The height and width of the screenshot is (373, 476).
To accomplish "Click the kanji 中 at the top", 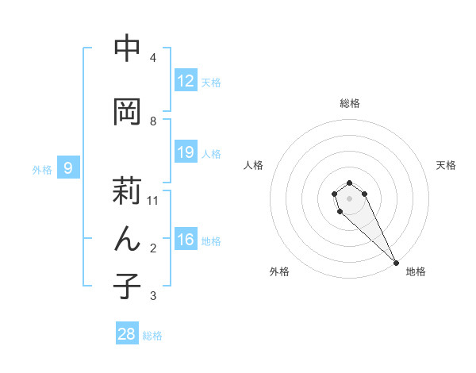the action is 127,48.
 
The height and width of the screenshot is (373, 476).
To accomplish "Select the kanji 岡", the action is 127,111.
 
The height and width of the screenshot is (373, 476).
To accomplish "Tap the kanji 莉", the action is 127,190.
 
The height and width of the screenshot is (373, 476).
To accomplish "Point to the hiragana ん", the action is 127,239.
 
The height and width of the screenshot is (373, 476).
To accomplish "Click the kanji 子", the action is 127,286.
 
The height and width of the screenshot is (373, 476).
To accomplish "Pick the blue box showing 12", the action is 186,81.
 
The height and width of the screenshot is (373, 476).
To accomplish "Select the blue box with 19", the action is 186,152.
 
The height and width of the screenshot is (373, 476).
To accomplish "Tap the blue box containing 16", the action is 186,240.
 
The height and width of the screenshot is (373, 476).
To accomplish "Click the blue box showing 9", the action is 69,168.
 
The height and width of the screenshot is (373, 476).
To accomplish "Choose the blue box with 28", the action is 127,334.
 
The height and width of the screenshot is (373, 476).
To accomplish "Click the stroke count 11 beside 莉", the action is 153,201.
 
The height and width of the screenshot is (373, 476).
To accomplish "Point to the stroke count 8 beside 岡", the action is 153,121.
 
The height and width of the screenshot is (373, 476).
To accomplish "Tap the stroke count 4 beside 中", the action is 153,58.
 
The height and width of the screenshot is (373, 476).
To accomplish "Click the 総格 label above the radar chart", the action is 350,103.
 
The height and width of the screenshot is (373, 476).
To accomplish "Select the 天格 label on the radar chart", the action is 446,165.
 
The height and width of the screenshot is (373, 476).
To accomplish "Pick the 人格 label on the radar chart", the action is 254,165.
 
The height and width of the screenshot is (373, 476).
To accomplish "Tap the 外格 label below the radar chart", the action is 279,271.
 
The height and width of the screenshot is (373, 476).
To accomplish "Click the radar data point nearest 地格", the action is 396,263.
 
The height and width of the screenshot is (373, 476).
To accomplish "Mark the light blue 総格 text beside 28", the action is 152,336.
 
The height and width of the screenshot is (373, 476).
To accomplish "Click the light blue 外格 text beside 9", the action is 41,170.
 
